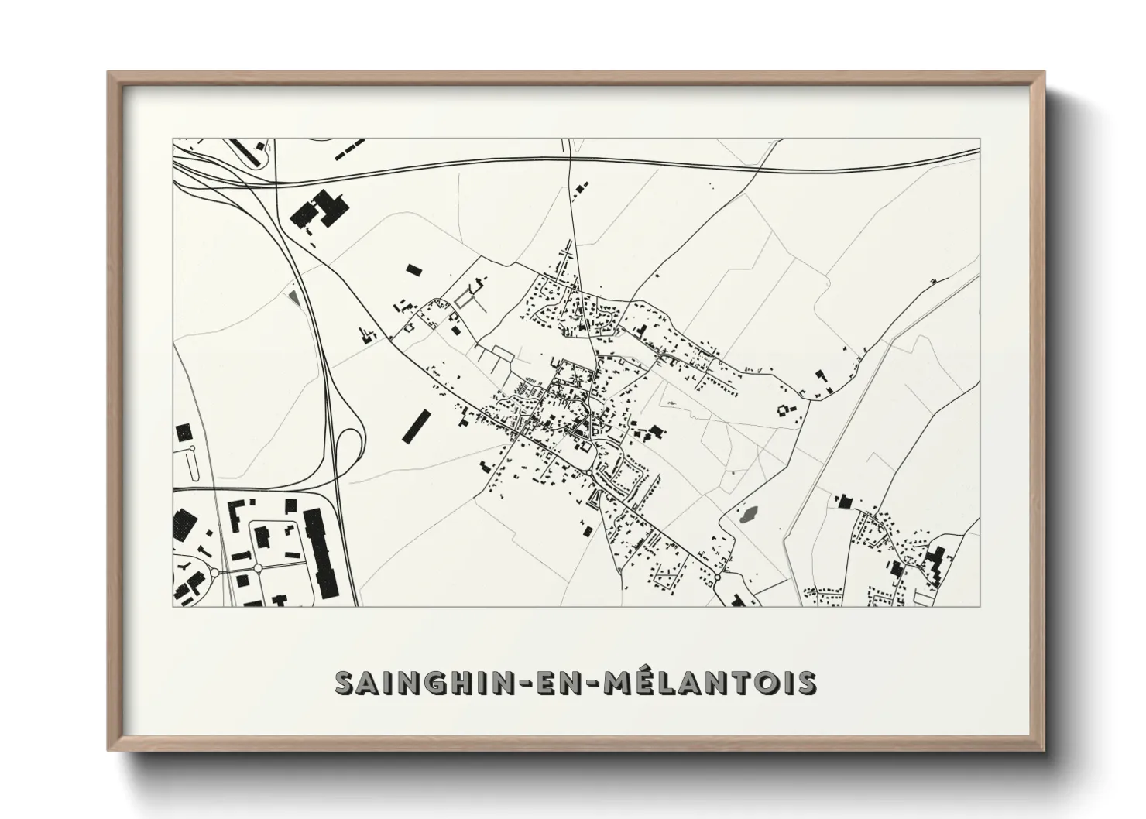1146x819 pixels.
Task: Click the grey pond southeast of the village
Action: click(x=748, y=512)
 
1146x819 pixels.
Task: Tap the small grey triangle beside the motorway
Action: click(x=292, y=296)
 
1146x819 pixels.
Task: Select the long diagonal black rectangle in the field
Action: click(x=415, y=427)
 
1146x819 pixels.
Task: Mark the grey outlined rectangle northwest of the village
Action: click(x=467, y=296)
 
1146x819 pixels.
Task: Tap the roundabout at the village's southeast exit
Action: click(x=719, y=577)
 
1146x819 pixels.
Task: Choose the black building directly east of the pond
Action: click(x=842, y=502)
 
